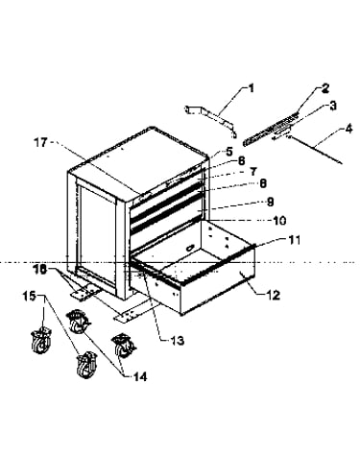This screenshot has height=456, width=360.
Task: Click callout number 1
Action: [x=252, y=88]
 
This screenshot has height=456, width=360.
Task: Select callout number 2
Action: [x=324, y=88]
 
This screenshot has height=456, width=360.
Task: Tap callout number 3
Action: [x=333, y=106]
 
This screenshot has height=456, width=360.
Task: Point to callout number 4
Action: [x=348, y=129]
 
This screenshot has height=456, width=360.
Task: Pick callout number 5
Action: [x=229, y=152]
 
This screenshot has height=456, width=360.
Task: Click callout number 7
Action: [x=253, y=172]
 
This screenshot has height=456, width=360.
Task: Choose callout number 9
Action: [x=270, y=202]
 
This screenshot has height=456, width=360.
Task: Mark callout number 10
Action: [x=279, y=221]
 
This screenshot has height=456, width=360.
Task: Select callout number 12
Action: [x=273, y=295]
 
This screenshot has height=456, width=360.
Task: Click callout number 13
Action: [x=178, y=341]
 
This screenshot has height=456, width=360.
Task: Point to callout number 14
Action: [x=140, y=377]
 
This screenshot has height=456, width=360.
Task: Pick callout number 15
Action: [x=29, y=297]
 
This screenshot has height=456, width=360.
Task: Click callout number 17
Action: [x=40, y=143]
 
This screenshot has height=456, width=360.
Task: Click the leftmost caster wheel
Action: [x=40, y=341]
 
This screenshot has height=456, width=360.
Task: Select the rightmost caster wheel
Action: [x=123, y=346]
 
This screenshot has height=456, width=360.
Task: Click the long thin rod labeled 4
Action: [x=315, y=150]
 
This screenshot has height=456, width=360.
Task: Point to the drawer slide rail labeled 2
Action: [x=272, y=129]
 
